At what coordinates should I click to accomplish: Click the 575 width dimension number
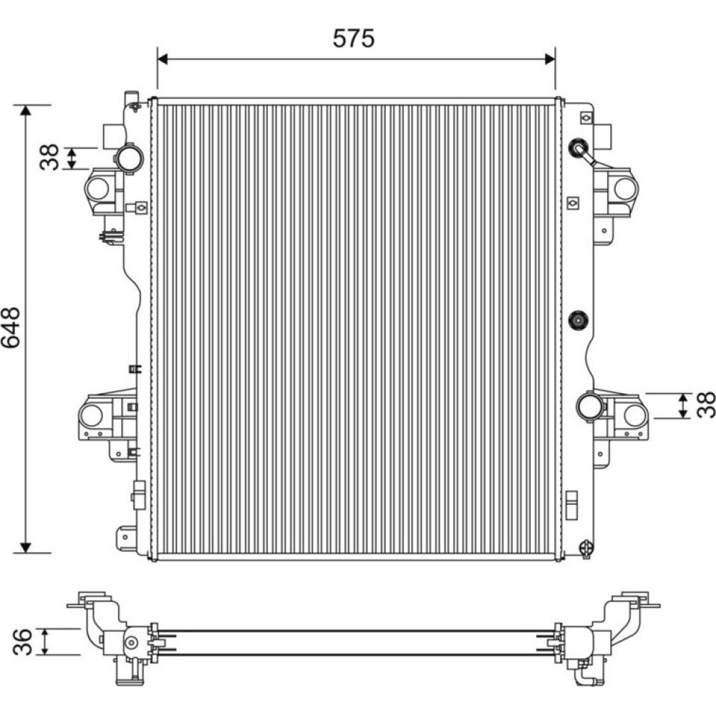pos(354,39)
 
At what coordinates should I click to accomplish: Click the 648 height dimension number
pos(11,327)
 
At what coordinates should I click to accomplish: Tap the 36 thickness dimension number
pos(23,642)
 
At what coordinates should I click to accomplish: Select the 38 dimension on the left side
pos(49,158)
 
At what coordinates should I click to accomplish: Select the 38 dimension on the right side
pos(705,405)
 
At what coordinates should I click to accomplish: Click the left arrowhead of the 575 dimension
pos(163,59)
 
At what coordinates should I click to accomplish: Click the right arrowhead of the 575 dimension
pos(550,59)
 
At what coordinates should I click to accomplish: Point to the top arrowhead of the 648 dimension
pos(26,110)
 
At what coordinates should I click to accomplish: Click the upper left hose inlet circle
pos(129,158)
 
